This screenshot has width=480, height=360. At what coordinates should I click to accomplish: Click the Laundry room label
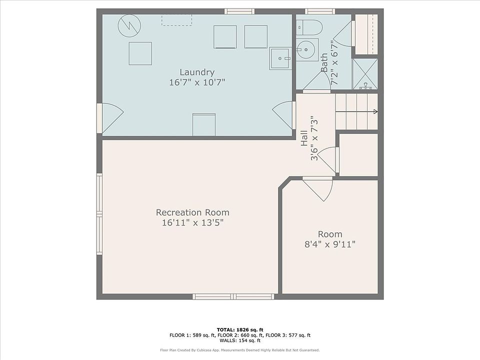pyautogui.click(x=197, y=72)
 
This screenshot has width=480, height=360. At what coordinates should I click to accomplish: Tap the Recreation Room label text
pyautogui.click(x=192, y=212)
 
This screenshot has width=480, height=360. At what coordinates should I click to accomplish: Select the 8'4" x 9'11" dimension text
pyautogui.click(x=330, y=244)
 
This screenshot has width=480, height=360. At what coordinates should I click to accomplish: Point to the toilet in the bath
pyautogui.click(x=309, y=27)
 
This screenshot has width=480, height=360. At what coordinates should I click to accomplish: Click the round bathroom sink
pyautogui.click(x=307, y=49)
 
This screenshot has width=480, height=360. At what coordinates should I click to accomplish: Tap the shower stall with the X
pyautogui.click(x=365, y=74)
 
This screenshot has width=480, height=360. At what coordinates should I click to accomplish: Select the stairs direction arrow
pyautogui.click(x=356, y=111)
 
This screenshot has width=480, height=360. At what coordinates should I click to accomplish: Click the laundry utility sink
pyautogui.click(x=280, y=58)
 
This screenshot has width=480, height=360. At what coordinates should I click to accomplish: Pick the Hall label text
pyautogui.click(x=304, y=138)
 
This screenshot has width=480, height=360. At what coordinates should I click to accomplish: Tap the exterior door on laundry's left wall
pyautogui.click(x=110, y=118)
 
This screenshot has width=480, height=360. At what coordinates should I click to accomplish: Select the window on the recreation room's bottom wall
pyautogui.click(x=233, y=296)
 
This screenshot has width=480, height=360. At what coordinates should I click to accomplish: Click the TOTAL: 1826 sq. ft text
pyautogui.click(x=240, y=329)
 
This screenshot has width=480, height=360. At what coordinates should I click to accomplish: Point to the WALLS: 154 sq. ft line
pyautogui.click(x=240, y=340)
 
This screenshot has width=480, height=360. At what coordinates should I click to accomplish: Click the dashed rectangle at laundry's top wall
pyautogui.click(x=176, y=20)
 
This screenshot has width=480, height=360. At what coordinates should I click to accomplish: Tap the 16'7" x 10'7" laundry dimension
pyautogui.click(x=197, y=82)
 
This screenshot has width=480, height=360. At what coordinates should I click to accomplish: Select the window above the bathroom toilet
pyautogui.click(x=320, y=11)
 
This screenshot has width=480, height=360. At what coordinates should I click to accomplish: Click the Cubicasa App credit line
pyautogui.click(x=240, y=350)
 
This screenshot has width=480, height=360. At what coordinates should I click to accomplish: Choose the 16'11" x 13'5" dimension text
pyautogui.click(x=193, y=222)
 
